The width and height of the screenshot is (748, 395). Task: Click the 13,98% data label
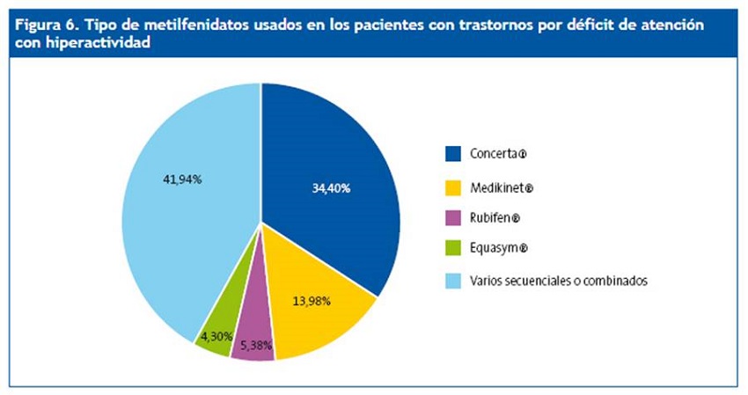click(x=311, y=302)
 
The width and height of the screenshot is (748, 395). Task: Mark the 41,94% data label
click(x=183, y=179)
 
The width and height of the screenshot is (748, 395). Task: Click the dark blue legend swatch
click(x=454, y=154)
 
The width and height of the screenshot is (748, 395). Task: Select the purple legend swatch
click(x=454, y=217)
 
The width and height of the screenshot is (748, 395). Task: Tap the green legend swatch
click(x=454, y=249)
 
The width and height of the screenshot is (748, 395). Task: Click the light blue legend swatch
click(x=454, y=281)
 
